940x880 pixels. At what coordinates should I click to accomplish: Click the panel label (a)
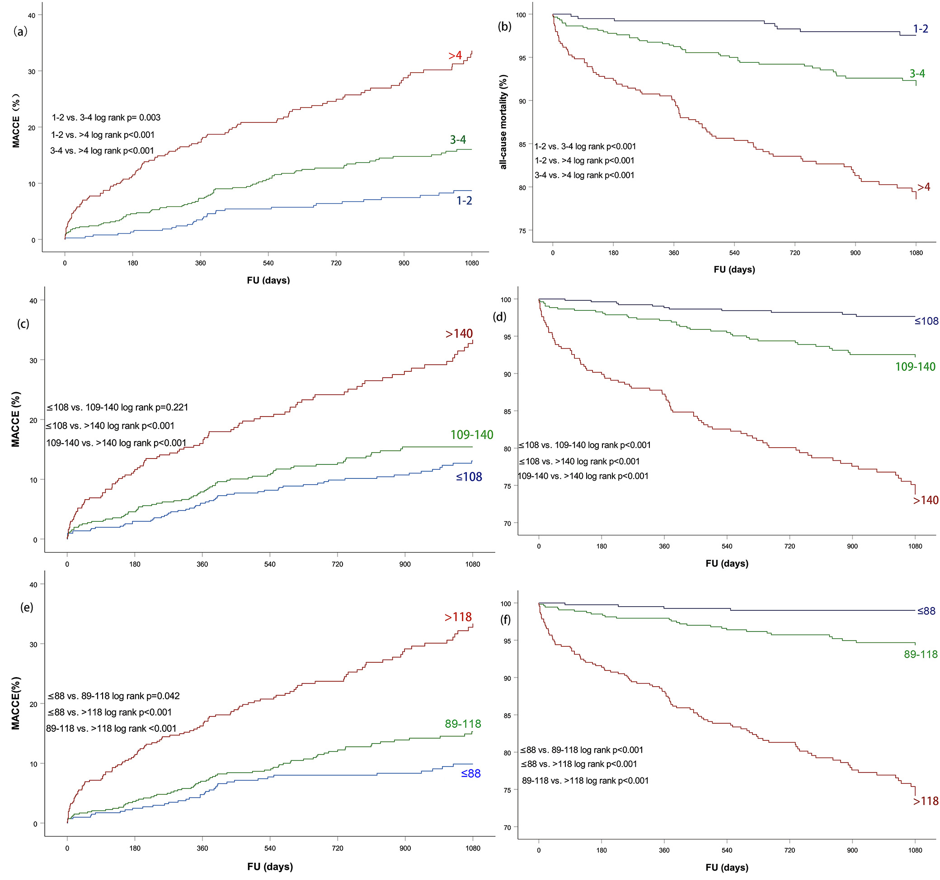[20, 32]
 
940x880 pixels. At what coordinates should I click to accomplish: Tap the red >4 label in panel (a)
[455, 56]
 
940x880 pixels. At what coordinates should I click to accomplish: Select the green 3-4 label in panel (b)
[917, 74]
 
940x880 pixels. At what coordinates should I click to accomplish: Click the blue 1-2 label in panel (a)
[464, 201]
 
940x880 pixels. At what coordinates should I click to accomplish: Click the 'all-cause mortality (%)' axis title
[503, 122]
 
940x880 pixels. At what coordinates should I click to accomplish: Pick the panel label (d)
[499, 317]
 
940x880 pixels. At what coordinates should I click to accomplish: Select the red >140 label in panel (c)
[459, 334]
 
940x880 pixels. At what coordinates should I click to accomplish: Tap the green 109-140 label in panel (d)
[915, 367]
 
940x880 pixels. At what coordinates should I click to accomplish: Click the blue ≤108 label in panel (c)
[469, 477]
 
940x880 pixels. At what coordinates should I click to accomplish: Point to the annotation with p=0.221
[117, 407]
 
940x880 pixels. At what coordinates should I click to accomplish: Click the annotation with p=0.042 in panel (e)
[113, 696]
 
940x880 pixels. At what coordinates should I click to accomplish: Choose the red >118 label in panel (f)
[926, 801]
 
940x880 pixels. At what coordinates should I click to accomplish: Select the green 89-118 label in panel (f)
[920, 655]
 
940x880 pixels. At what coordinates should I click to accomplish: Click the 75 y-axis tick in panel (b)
[522, 231]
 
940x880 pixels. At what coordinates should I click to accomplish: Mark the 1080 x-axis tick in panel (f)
[915, 850]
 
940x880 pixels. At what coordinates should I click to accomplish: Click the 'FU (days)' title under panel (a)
[268, 280]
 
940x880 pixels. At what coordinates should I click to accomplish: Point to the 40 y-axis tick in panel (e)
[33, 585]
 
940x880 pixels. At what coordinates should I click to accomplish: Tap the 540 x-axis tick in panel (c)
[269, 564]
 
